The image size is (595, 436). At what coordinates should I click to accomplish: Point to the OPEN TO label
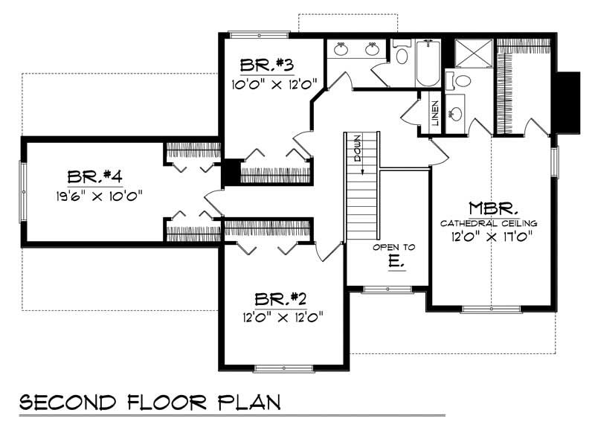coord(394,247)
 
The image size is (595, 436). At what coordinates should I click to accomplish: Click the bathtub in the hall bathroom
coord(427,64)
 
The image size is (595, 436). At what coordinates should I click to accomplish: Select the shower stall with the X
coord(470,51)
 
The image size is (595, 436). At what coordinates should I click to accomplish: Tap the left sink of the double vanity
coord(341,50)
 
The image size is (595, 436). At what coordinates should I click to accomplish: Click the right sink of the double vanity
coord(373,50)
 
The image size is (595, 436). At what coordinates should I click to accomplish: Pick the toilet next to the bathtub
coord(401,54)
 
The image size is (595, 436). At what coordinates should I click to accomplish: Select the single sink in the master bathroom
coord(455,114)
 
